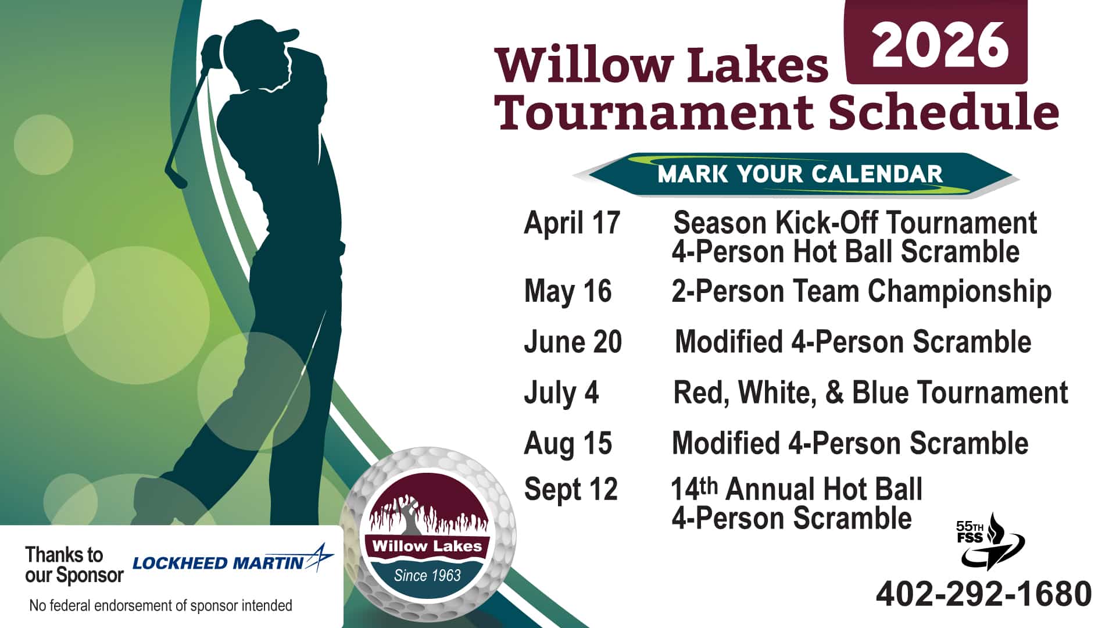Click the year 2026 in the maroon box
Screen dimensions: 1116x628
(939, 45)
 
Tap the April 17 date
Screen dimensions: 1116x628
(572, 223)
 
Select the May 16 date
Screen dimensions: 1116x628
(568, 291)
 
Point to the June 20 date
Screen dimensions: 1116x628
(573, 342)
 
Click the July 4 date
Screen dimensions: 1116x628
(561, 393)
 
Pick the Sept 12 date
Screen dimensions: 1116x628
(570, 490)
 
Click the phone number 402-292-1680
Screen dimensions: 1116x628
(983, 594)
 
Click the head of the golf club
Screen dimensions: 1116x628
(174, 177)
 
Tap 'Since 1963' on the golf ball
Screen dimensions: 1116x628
(427, 576)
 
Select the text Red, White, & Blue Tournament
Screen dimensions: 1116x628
(870, 393)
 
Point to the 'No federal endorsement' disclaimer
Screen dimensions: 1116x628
(160, 606)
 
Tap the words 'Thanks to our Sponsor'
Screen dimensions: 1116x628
(74, 565)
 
